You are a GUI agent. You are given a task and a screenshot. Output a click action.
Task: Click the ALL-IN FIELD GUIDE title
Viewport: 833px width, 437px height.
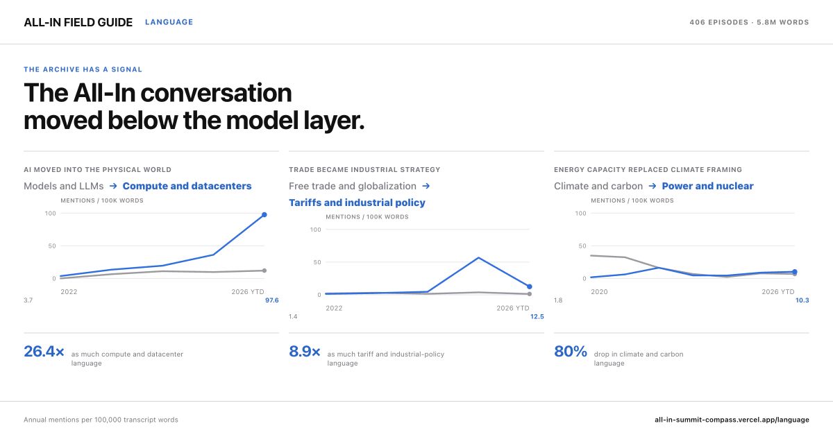[x=78, y=22]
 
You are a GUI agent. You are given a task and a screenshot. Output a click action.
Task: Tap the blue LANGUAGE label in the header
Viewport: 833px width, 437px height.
[x=169, y=22]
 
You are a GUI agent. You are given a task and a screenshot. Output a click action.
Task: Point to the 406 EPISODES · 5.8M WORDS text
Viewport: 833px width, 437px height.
[x=749, y=22]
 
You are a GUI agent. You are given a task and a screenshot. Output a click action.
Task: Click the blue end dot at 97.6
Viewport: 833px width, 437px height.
[x=264, y=215]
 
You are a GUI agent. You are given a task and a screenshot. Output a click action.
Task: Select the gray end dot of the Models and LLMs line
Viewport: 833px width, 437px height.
[x=264, y=271]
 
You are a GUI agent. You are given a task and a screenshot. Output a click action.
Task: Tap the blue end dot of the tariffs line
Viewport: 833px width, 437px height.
[x=530, y=286]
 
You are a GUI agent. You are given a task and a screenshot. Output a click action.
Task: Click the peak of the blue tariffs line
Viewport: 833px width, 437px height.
[x=478, y=257]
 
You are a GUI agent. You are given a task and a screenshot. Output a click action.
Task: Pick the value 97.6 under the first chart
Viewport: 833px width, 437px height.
[x=272, y=300]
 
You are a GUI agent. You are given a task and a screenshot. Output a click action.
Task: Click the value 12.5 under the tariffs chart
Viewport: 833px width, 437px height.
[x=537, y=316]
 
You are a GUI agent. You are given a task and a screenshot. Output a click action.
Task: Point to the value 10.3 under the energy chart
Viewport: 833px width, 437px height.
[x=802, y=300]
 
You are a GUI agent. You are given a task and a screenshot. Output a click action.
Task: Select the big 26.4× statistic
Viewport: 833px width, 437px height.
[x=44, y=352]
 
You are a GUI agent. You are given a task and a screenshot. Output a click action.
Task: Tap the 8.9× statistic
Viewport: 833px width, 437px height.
[x=305, y=352]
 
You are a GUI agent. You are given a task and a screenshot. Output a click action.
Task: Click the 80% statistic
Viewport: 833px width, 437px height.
[x=571, y=352]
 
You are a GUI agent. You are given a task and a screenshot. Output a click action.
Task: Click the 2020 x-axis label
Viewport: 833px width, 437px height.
[x=599, y=292]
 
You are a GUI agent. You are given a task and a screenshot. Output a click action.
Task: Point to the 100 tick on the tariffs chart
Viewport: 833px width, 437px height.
[x=315, y=230]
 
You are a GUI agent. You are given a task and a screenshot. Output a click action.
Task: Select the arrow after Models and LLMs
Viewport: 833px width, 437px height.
[x=113, y=186]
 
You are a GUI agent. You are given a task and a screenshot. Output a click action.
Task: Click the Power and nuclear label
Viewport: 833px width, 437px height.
[x=707, y=186]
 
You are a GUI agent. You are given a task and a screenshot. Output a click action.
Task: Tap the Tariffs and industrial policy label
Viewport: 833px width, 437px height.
[x=357, y=203]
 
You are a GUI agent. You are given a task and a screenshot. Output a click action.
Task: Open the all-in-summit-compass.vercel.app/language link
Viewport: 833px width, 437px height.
[x=732, y=420]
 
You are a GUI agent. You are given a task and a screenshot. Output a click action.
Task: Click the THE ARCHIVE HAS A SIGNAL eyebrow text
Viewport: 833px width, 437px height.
[x=83, y=69]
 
